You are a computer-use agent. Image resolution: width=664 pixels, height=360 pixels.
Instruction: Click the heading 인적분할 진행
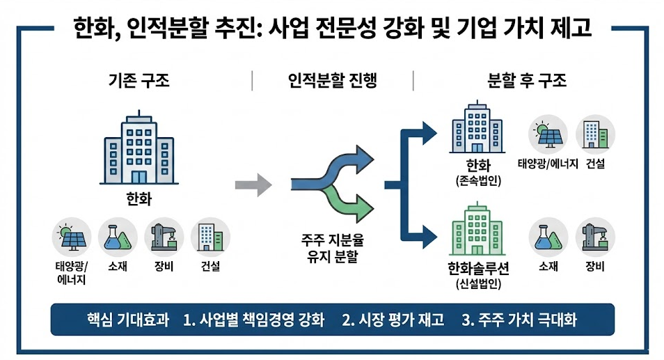[x=332, y=80]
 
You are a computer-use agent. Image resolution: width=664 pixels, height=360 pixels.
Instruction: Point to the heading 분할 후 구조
[x=526, y=80]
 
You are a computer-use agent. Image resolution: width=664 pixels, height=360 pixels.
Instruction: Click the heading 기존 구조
[x=139, y=80]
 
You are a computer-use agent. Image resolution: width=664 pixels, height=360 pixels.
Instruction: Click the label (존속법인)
[x=479, y=182]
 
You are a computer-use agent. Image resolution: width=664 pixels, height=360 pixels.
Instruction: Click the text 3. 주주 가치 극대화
[x=519, y=320]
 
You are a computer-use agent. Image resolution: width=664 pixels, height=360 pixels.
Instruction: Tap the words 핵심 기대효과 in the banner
[x=123, y=320]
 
